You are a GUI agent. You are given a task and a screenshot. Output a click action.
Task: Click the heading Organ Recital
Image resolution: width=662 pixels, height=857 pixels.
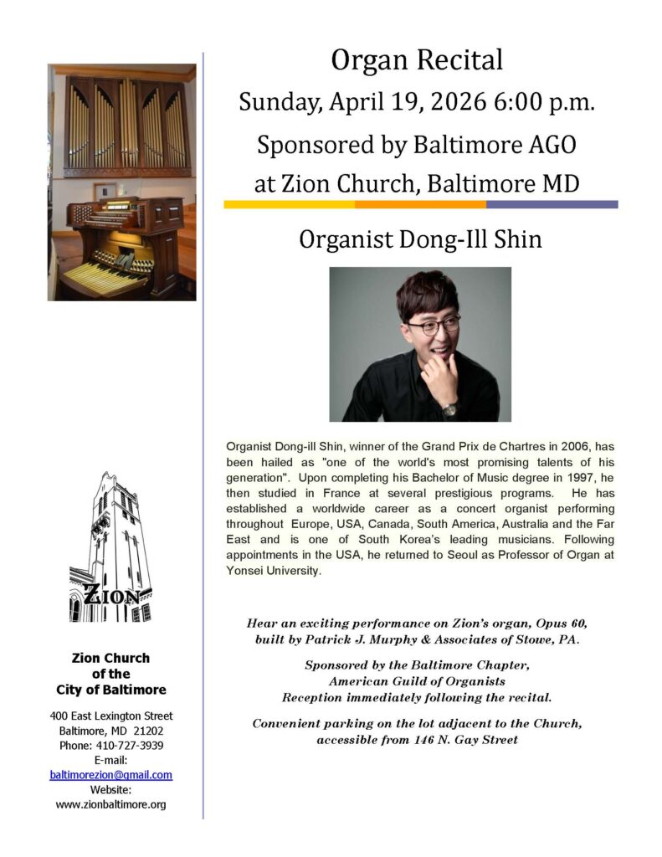pyautogui.click(x=416, y=59)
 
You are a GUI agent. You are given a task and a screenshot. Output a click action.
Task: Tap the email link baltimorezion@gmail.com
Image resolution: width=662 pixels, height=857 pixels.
pyautogui.click(x=111, y=775)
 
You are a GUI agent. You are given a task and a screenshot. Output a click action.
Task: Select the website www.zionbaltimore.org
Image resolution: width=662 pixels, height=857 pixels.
pyautogui.click(x=111, y=804)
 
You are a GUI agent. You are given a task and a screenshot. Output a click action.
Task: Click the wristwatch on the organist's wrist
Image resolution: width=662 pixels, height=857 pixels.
pyautogui.click(x=449, y=409)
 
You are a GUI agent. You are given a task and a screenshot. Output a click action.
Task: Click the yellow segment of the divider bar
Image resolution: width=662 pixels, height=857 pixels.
pyautogui.click(x=289, y=204)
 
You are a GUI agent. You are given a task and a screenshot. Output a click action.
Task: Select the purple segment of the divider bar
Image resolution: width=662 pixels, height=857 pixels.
pyautogui.click(x=552, y=204)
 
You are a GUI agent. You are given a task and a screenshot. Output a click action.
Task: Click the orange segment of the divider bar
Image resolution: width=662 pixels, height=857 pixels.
pyautogui.click(x=420, y=204)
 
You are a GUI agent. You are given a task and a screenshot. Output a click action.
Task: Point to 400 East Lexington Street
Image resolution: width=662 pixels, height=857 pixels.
pyautogui.click(x=111, y=716)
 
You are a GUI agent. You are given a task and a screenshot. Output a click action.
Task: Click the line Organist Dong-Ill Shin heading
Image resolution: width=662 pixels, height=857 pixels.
pyautogui.click(x=420, y=240)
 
